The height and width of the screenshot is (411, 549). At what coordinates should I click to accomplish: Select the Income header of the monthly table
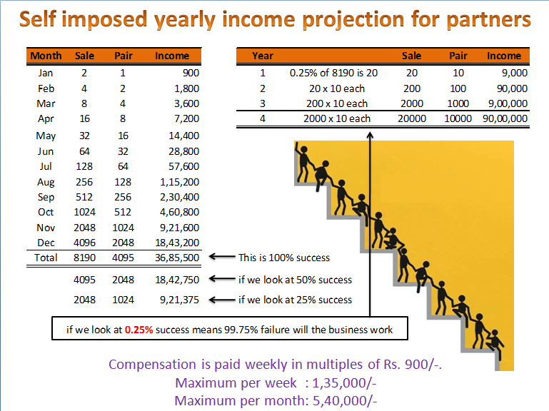(x=172, y=56)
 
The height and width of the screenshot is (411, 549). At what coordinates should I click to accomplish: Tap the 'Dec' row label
(x=46, y=243)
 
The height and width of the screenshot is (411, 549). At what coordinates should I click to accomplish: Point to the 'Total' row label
(x=46, y=258)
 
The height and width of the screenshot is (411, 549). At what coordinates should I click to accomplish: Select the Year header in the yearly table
(x=263, y=56)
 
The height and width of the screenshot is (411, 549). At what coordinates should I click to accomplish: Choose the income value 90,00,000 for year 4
(x=504, y=118)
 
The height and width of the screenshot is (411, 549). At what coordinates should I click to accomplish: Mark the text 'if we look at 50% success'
(x=295, y=280)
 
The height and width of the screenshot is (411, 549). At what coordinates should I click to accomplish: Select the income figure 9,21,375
(x=181, y=300)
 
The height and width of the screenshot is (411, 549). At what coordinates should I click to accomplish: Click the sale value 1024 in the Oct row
(x=84, y=212)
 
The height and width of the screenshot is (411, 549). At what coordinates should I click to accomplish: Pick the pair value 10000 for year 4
(x=458, y=118)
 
